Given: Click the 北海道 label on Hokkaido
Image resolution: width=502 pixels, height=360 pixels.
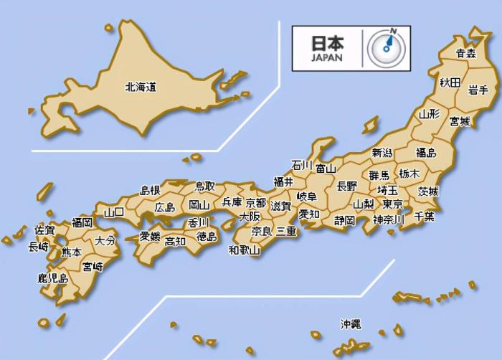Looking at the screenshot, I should coord(141,87).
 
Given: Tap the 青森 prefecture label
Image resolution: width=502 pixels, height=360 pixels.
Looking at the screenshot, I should coord(466,53).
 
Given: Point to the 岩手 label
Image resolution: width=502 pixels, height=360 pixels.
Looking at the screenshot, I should coord(478,90).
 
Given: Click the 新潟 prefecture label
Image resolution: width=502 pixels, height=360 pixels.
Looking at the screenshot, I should coord(382,153).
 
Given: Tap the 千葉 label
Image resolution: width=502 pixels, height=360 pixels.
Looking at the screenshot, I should coord(425,216).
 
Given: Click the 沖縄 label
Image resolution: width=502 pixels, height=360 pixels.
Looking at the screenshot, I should coord(351,324).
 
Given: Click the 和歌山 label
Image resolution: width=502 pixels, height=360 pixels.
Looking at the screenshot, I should coord(245,250).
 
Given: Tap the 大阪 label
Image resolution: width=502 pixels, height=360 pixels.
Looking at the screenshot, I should coord(250,216).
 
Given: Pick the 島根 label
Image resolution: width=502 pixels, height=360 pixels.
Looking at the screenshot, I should coord(150,190).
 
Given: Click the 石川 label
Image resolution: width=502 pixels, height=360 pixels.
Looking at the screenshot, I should coord(301,165).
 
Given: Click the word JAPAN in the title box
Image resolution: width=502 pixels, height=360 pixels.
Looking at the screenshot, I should coord(327,58).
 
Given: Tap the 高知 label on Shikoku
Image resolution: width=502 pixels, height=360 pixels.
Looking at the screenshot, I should coord(175,241).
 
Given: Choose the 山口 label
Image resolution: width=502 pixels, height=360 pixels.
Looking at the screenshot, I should coord(114,212).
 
